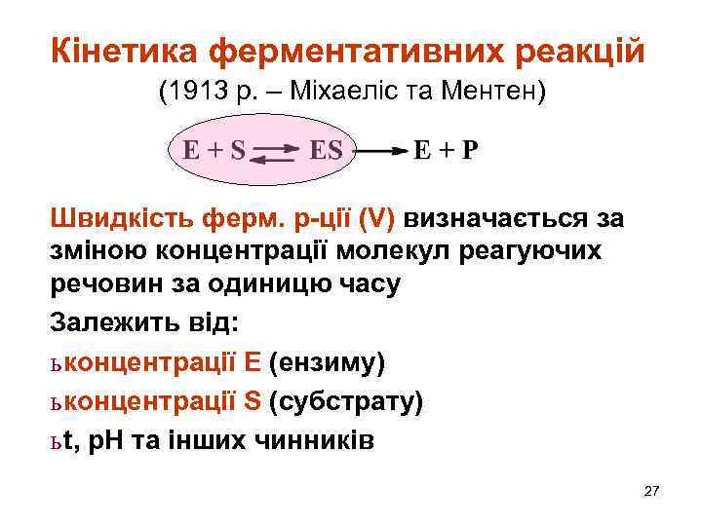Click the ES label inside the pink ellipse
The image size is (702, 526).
pyautogui.click(x=326, y=150)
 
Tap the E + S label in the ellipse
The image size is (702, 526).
pyautogui.click(x=213, y=150)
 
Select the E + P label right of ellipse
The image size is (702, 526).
pyautogui.click(x=447, y=151)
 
